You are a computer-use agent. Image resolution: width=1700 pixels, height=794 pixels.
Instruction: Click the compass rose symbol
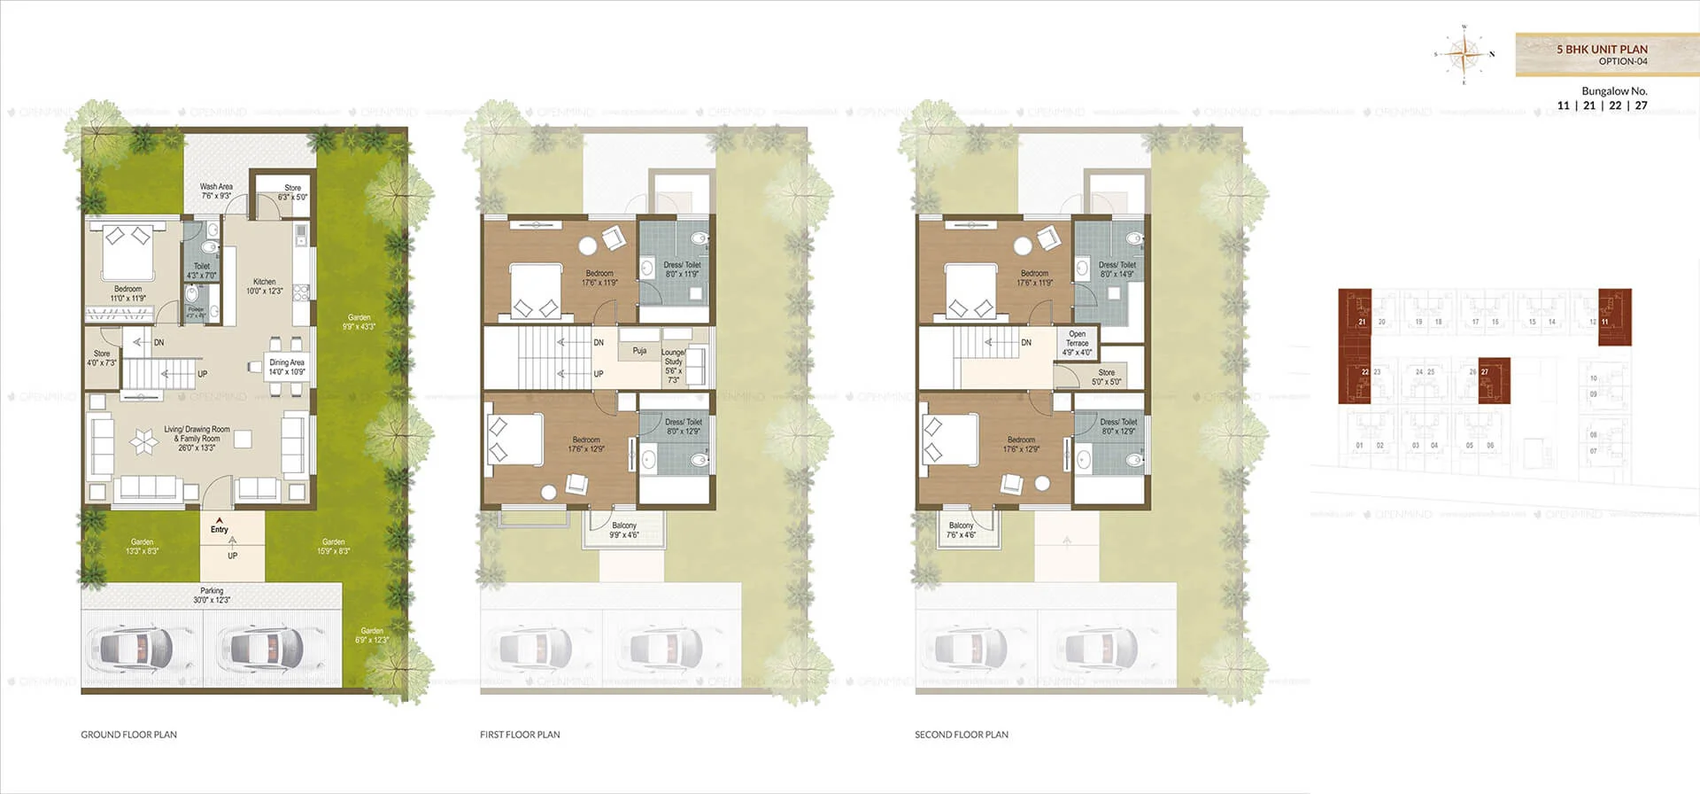click(1464, 54)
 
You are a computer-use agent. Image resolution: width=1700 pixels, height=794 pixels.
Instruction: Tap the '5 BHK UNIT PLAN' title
click(1602, 50)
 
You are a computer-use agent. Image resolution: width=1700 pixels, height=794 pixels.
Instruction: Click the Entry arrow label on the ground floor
click(220, 526)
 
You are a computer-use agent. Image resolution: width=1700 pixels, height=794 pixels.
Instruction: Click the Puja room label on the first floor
click(639, 351)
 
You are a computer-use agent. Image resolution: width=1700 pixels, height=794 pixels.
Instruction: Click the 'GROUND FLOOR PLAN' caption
click(129, 735)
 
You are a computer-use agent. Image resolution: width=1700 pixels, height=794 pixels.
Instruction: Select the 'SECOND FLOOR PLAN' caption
click(962, 735)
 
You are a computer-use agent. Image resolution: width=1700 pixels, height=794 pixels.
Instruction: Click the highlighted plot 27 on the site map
click(1494, 380)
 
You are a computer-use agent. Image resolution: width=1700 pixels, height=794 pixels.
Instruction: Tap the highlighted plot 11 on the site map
click(1614, 316)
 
